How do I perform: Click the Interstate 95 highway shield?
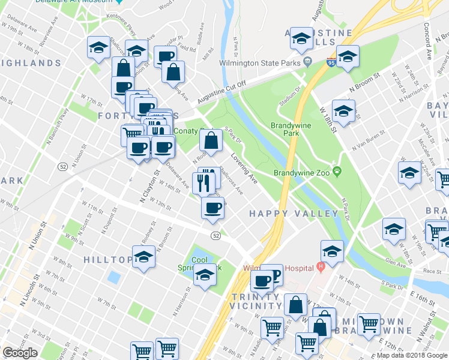[332, 61]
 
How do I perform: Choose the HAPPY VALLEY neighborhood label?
[294, 214]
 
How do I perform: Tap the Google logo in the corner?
[20, 353]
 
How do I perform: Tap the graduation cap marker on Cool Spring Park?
[205, 275]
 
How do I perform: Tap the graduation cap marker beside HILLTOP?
[143, 258]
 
